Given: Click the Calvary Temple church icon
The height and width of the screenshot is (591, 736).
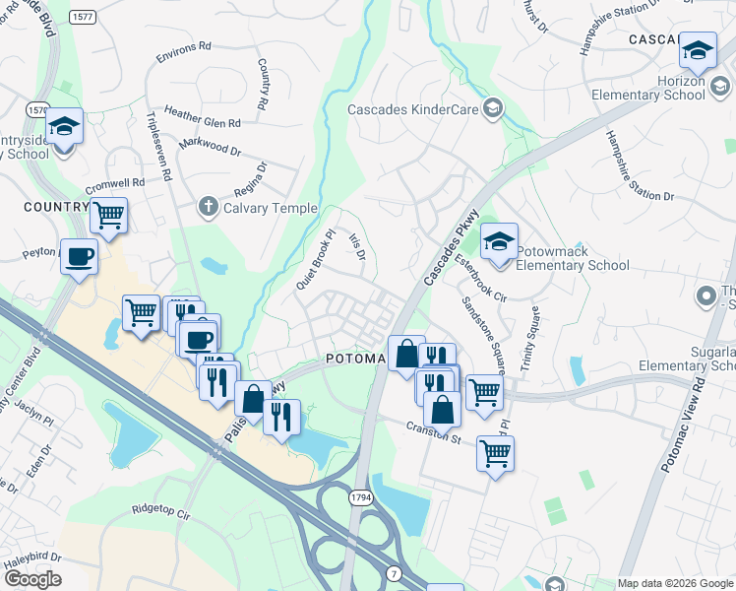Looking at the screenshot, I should coord(207,208).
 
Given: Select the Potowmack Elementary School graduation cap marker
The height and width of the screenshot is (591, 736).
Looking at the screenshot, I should coord(500,241).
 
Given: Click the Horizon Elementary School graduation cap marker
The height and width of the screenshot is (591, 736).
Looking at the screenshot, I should coord(698,50).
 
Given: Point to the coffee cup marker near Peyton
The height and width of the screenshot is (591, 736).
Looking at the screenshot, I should coord(79,257).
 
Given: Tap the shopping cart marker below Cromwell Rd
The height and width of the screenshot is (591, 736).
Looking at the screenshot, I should coord(109,214).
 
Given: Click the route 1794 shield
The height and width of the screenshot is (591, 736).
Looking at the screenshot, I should coord(361,498).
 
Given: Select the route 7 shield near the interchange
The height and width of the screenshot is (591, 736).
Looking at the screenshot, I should coord(394,573).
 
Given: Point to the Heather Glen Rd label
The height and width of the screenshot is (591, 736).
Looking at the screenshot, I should coord(203,117).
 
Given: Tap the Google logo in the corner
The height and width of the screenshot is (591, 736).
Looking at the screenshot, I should coord(32,579).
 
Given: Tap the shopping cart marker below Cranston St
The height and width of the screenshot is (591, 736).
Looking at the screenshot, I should coord(494,454).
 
